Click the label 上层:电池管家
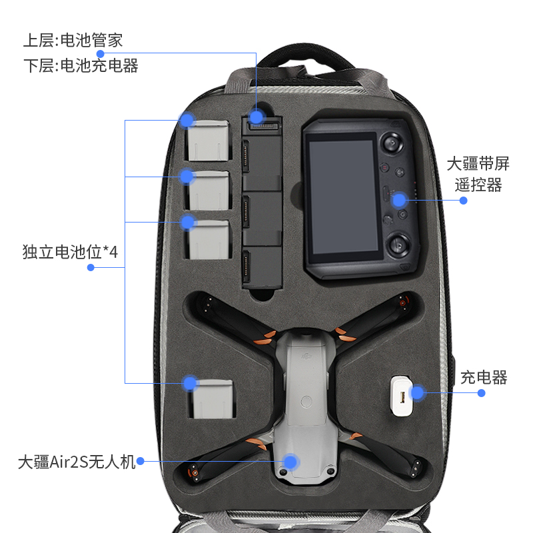coord(73,40)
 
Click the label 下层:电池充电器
coord(81,65)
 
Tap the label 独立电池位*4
coord(70,252)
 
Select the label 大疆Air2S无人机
coord(77,462)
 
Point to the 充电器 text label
coord(484,378)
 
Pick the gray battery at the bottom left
coord(213,399)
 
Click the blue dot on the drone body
coord(290,461)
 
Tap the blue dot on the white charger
coord(416,392)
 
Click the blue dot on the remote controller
coord(398,199)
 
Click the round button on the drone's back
coord(306,402)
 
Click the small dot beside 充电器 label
coord(482,393)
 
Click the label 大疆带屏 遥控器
coord(478,174)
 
